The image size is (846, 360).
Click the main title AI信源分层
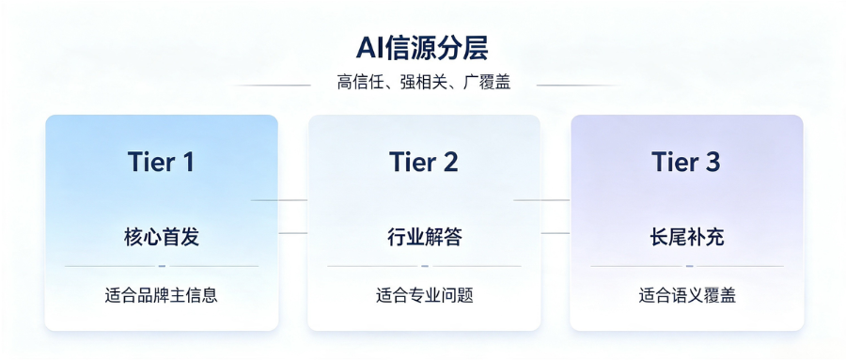(422, 49)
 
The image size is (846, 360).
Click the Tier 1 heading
(161, 162)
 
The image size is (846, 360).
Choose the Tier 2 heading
(424, 162)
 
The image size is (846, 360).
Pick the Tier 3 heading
(686, 162)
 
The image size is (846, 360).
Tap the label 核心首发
(162, 237)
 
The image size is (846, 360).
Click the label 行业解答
(424, 237)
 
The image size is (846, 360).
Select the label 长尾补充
(687, 237)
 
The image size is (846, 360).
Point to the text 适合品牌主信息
(162, 295)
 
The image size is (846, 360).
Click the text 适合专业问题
(424, 295)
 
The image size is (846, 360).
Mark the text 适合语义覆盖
(687, 295)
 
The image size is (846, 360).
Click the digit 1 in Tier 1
(187, 162)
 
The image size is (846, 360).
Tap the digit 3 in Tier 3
(713, 162)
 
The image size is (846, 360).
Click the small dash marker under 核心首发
(162, 266)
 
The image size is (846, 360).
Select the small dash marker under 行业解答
(425, 266)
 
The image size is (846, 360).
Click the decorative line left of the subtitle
(273, 85)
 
